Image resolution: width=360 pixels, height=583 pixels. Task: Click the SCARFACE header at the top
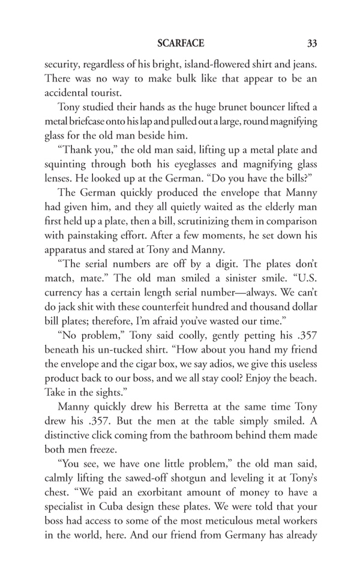point(181,43)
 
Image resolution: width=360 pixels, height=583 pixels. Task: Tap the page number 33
point(311,43)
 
